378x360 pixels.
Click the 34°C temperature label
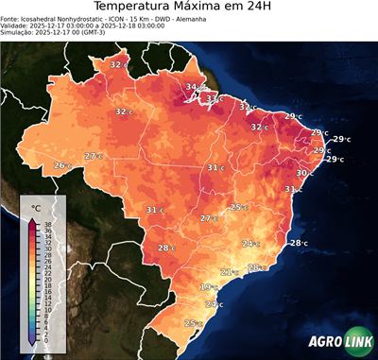point(192,88)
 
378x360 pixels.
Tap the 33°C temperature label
point(215,98)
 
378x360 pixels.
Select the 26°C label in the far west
point(62,166)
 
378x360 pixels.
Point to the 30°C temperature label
point(305,173)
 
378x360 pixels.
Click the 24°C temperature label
point(250,244)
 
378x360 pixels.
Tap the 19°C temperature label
point(208,287)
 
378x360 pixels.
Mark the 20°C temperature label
point(215,304)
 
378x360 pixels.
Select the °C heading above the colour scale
point(35,206)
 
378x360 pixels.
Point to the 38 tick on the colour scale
point(47,223)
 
